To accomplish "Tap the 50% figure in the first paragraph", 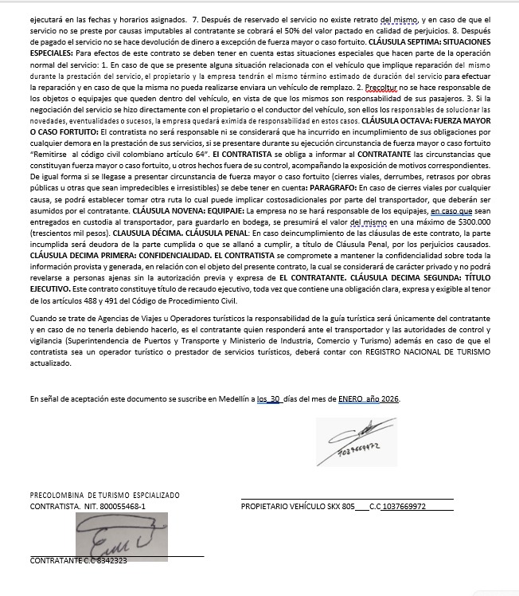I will tap(263, 29).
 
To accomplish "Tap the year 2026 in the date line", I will tap(388, 398).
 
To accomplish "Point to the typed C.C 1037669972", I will tap(398, 506).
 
